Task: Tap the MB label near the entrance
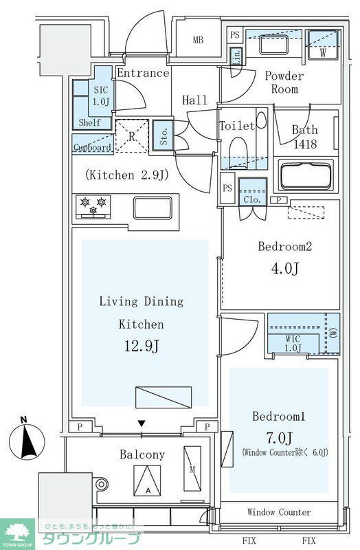pyautogui.click(x=198, y=40)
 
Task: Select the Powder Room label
pyautogui.click(x=284, y=83)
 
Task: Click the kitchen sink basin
pyautogui.click(x=153, y=207)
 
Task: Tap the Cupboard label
pyautogui.click(x=91, y=148)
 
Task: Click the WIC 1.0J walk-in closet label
pyautogui.click(x=293, y=343)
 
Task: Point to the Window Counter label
pyautogui.click(x=278, y=512)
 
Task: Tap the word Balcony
pyautogui.click(x=142, y=454)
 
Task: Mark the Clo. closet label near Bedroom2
pyautogui.click(x=251, y=200)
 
